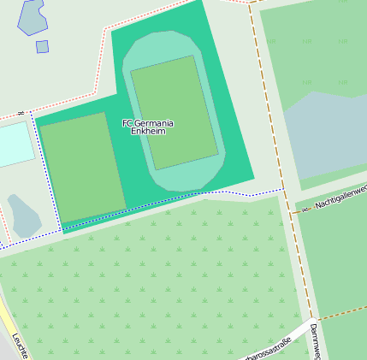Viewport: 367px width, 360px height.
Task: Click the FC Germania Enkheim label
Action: click(x=148, y=127)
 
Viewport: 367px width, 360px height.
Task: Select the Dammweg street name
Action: click(x=316, y=340)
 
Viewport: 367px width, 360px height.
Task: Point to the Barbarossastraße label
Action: click(x=268, y=350)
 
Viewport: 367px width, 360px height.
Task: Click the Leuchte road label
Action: click(x=20, y=345)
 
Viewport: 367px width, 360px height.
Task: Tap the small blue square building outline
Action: click(x=42, y=46)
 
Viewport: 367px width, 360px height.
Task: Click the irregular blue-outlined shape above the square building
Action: click(x=33, y=15)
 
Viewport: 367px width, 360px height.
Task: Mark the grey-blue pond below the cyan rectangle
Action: click(x=24, y=215)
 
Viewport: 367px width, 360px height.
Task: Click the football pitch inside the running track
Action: click(x=174, y=112)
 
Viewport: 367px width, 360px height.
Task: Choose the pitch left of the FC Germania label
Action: click(x=83, y=167)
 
